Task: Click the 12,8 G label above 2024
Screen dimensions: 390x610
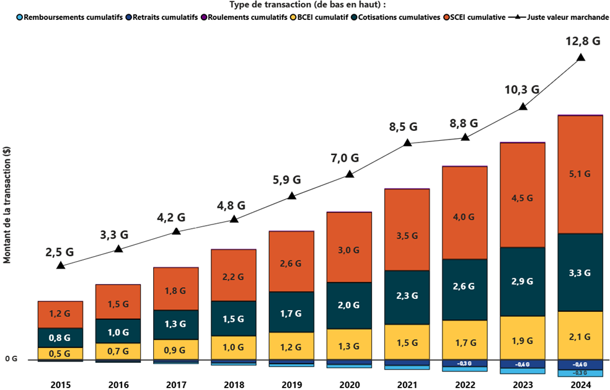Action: pyautogui.click(x=583, y=42)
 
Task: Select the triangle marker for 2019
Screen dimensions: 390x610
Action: pyautogui.click(x=292, y=197)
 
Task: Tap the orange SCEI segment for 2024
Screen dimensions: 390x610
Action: pyautogui.click(x=580, y=174)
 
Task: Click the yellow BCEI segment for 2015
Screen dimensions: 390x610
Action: pyautogui.click(x=61, y=353)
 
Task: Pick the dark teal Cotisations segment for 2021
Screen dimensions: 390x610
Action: pyautogui.click(x=407, y=297)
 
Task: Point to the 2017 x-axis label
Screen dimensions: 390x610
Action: pyautogui.click(x=176, y=385)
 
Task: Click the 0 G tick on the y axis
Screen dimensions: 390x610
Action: pyautogui.click(x=11, y=359)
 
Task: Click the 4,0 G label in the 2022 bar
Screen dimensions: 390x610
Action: pyautogui.click(x=464, y=217)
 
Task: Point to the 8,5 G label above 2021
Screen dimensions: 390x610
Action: pyautogui.click(x=403, y=127)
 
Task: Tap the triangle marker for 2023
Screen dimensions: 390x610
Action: pyautogui.click(x=523, y=107)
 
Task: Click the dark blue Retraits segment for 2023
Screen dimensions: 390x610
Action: pyautogui.click(x=523, y=364)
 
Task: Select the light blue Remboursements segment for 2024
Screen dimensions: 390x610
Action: pyautogui.click(x=580, y=373)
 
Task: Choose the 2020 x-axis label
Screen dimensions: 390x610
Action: pyautogui.click(x=349, y=385)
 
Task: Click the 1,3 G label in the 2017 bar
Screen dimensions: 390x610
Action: pyautogui.click(x=176, y=324)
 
